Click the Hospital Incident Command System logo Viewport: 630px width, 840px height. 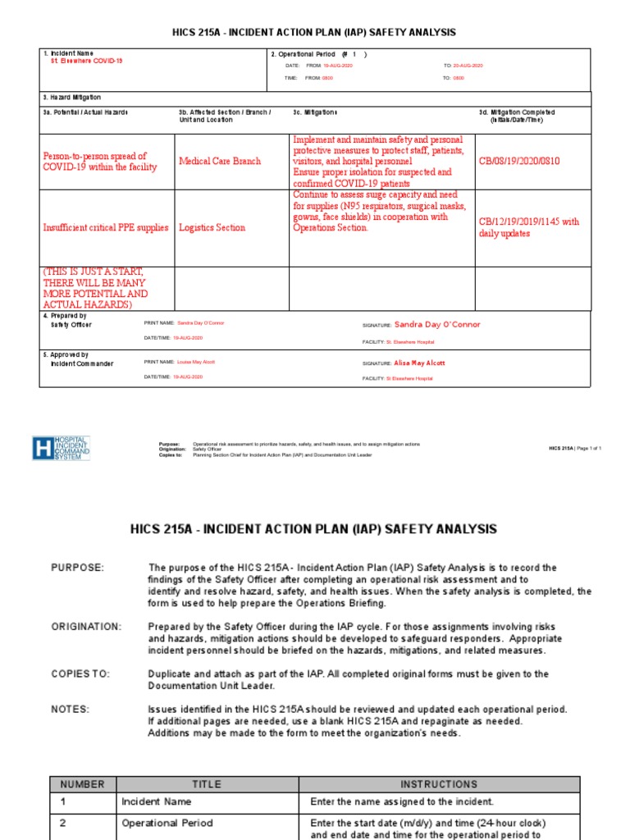tap(61, 448)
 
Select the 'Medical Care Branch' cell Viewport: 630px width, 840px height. tap(220, 162)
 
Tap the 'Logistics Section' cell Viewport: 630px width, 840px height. tap(212, 228)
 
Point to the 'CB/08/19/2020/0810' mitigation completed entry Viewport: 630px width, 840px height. tap(519, 162)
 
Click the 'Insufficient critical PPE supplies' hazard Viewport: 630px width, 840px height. tap(106, 228)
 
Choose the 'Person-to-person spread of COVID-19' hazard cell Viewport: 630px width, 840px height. tap(95, 162)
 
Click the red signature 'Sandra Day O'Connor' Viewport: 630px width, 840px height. tap(437, 325)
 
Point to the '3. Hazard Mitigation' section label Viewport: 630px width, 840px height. tap(72, 97)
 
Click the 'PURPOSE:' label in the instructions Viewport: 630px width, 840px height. tap(78, 568)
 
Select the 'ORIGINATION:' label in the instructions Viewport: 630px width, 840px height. tap(86, 627)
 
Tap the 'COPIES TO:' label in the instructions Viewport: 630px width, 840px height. tap(80, 674)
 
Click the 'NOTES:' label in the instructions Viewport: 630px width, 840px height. tap(71, 709)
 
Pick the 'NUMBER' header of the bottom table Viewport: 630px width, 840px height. tap(83, 784)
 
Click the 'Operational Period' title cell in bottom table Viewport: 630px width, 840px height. tap(167, 823)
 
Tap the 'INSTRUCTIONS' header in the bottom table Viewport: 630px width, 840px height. tap(439, 784)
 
